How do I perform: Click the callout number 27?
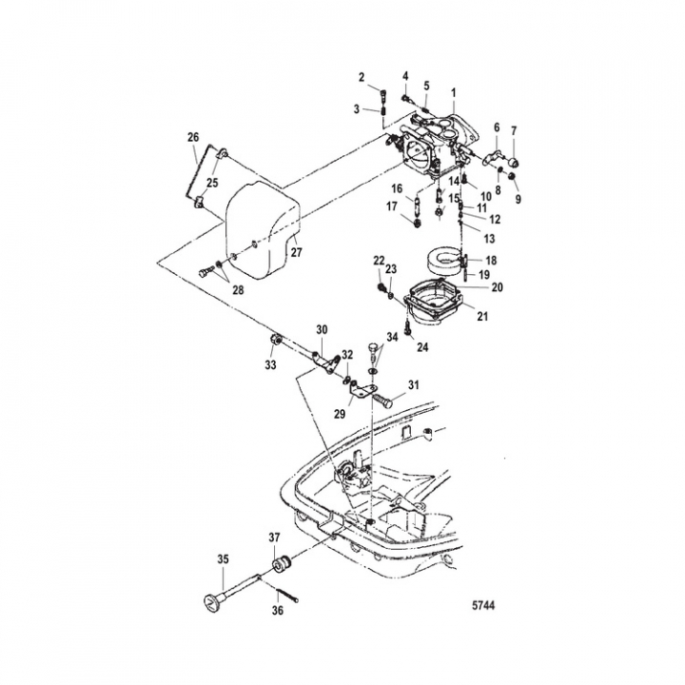click(x=296, y=252)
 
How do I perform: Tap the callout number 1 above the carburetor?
click(x=454, y=92)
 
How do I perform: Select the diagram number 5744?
click(x=483, y=605)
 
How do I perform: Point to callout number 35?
click(x=223, y=559)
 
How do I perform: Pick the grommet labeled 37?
click(x=283, y=563)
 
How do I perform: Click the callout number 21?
click(x=482, y=316)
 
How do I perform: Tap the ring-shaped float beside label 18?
click(x=443, y=263)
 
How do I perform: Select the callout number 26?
click(x=193, y=137)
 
